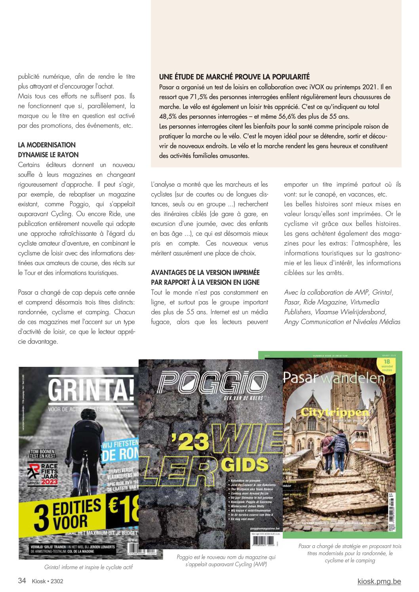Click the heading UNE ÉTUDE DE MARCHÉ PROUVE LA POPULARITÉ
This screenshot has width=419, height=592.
[234, 77]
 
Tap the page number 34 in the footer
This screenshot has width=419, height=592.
[22, 581]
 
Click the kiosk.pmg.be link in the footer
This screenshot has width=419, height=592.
[379, 581]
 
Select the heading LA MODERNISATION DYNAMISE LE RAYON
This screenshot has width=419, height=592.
[48, 150]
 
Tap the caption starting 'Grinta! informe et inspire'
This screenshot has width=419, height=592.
[88, 567]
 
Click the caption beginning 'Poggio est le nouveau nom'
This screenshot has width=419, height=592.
[226, 561]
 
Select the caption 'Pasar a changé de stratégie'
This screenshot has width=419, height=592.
[350, 553]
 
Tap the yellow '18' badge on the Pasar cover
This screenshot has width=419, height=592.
[387, 364]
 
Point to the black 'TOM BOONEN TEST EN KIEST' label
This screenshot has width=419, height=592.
[42, 453]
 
